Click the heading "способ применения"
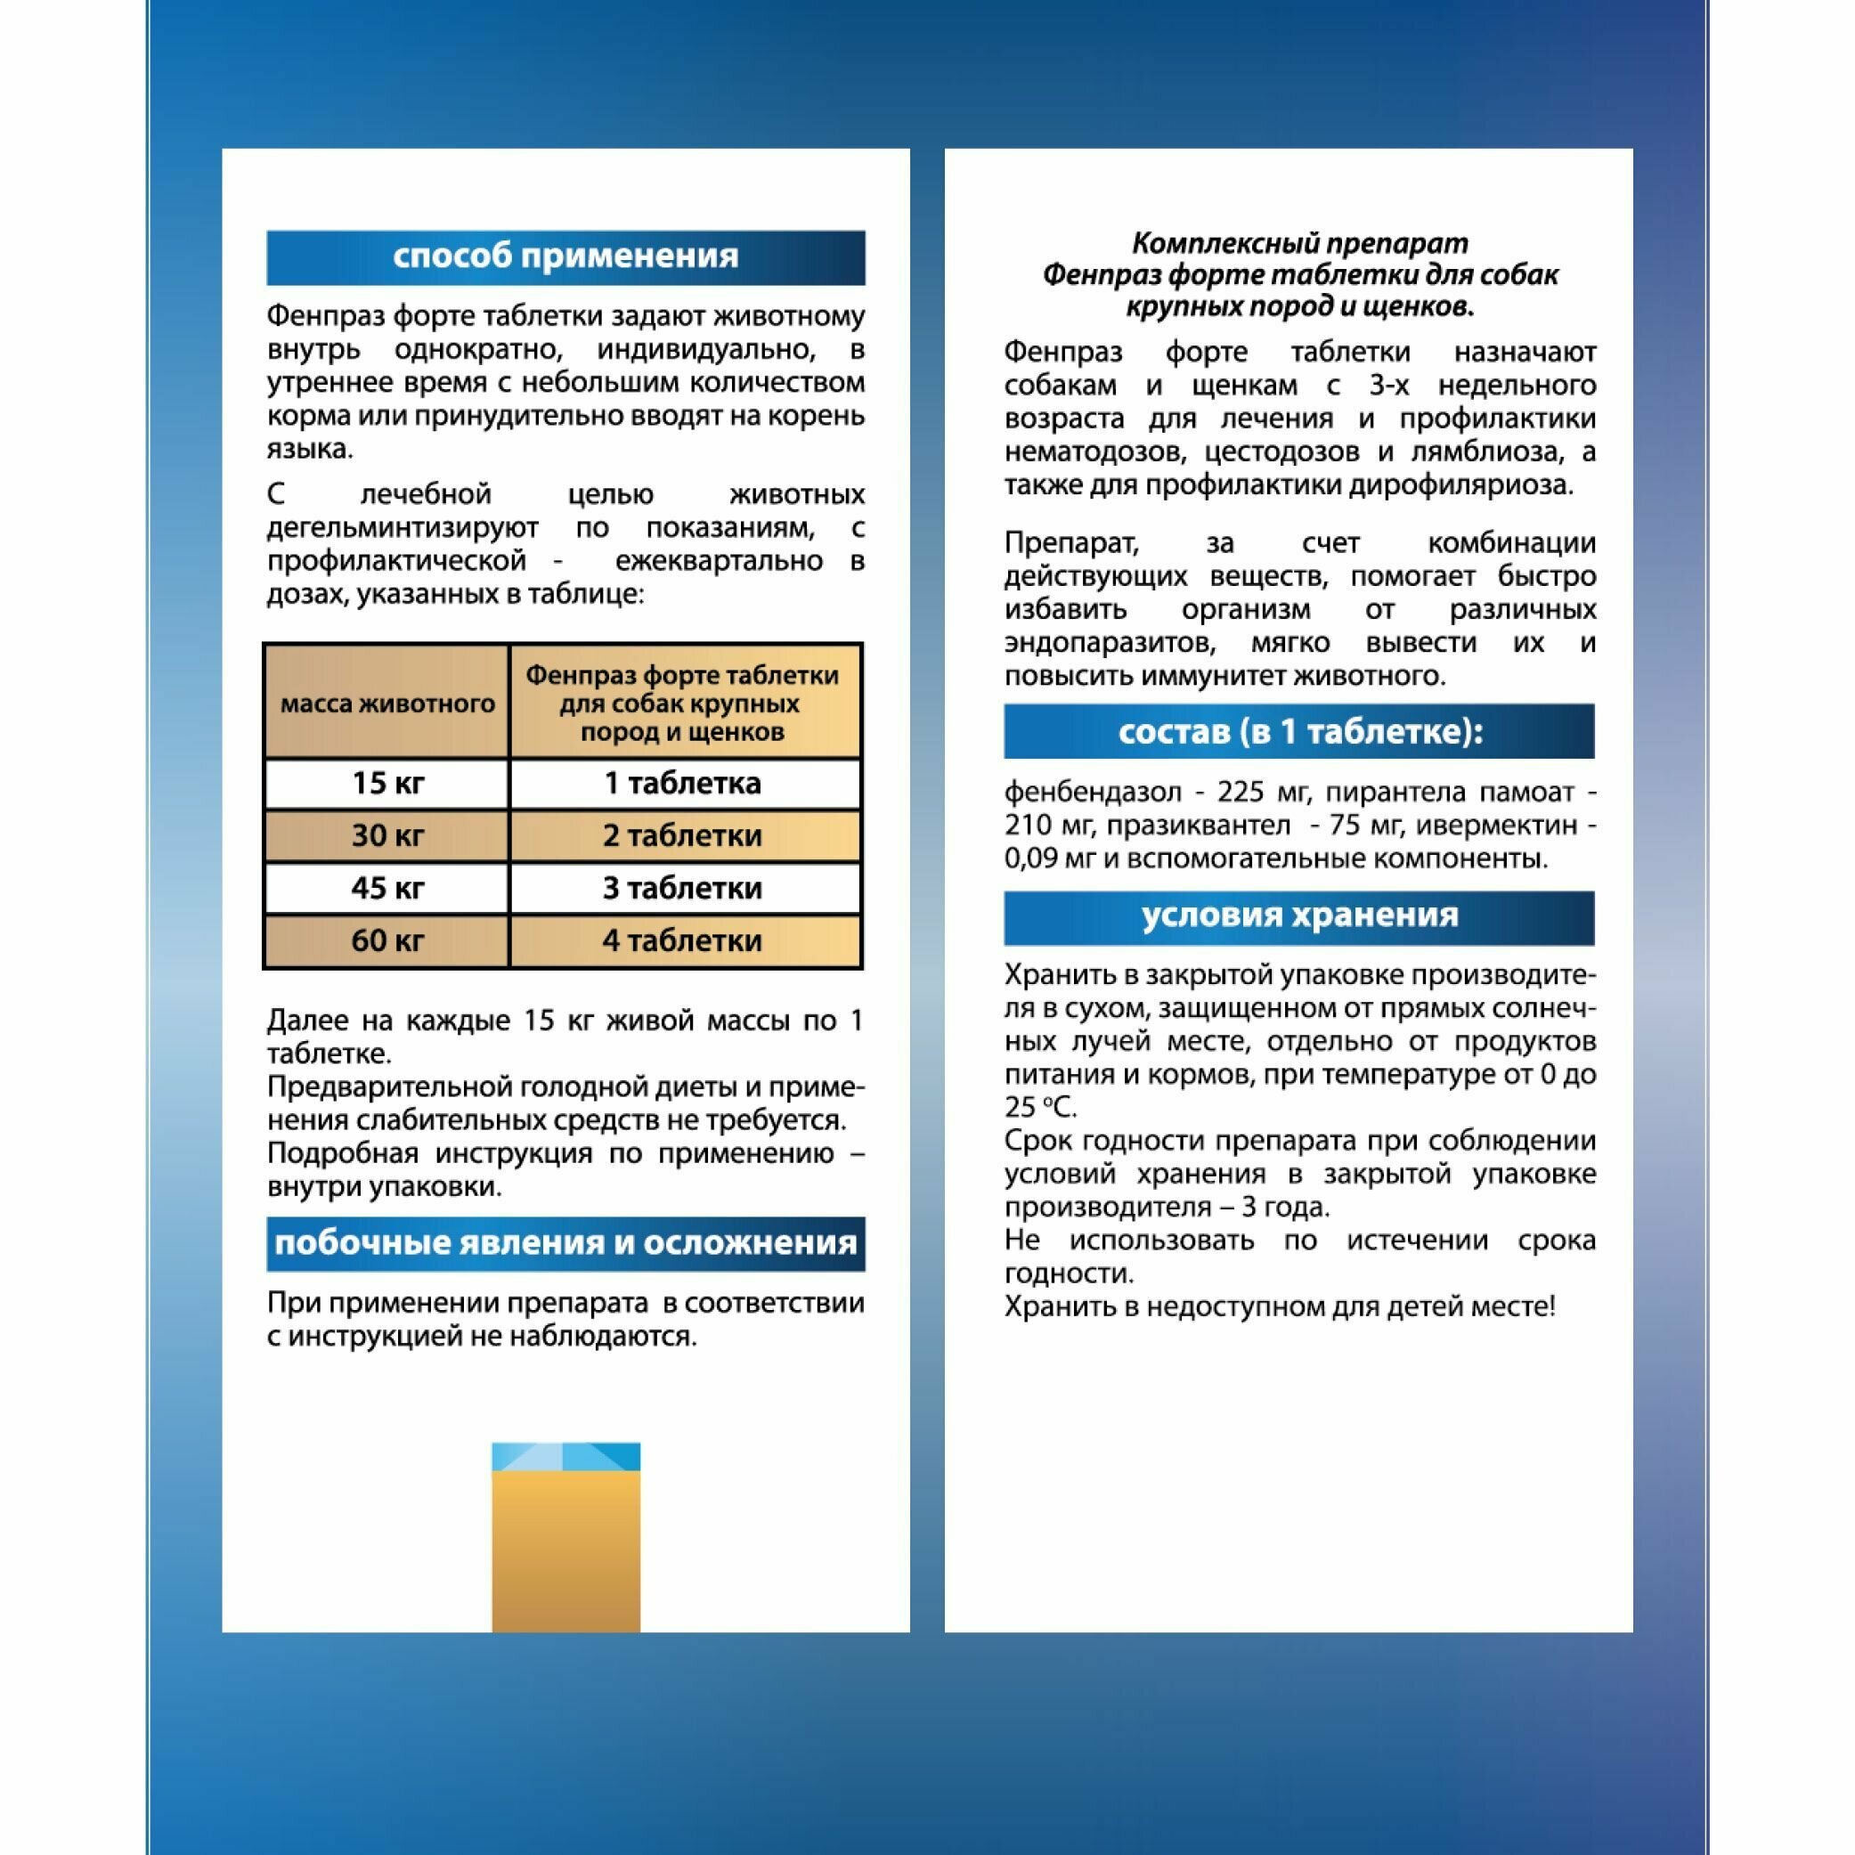point(565,257)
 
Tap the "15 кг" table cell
point(386,784)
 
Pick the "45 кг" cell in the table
point(386,888)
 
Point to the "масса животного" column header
point(386,704)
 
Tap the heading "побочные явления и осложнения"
point(565,1243)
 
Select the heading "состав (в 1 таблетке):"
point(1299,732)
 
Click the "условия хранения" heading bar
point(1299,915)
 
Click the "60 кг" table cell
point(386,940)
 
